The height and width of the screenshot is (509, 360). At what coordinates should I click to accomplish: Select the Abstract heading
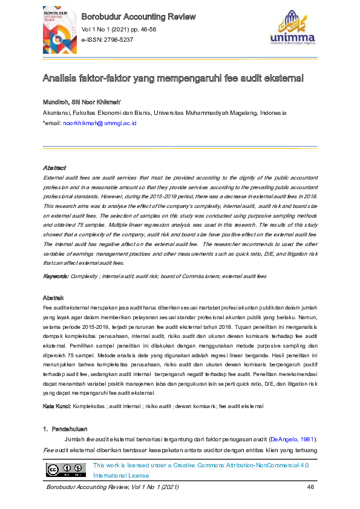[54, 167]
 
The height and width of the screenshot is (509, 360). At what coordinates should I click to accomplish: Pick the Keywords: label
[55, 276]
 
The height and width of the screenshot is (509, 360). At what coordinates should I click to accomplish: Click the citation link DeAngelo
[283, 438]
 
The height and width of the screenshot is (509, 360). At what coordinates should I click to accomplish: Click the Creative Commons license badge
[66, 470]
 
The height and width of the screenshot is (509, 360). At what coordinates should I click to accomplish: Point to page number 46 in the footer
[311, 487]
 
